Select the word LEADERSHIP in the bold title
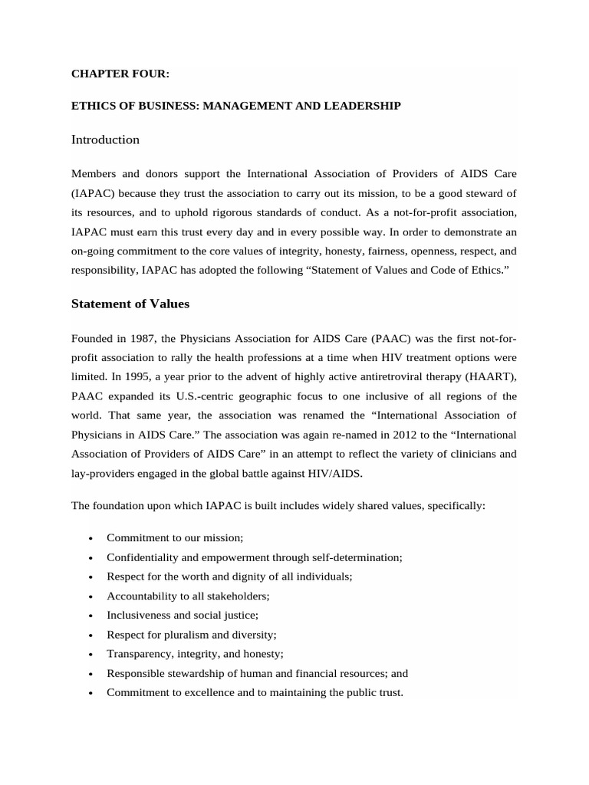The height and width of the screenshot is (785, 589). [365, 106]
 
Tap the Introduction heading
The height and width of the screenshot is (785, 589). [105, 140]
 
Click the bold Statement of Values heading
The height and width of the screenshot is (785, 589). [130, 304]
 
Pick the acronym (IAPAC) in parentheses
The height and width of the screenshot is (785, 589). [96, 192]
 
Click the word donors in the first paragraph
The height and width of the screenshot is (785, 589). [154, 173]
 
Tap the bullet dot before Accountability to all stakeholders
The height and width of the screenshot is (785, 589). [90, 596]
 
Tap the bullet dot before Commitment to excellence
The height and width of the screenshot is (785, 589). [90, 693]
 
